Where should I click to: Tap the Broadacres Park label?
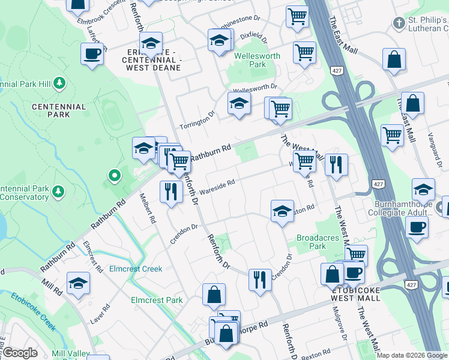[x=311, y=242]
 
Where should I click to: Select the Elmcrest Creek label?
[x=136, y=269]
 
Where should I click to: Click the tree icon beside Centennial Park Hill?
[x=59, y=82]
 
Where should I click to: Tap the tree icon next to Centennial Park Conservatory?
[x=58, y=192]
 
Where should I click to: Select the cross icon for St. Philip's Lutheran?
[x=399, y=23]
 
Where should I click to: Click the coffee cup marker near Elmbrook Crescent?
[x=92, y=54]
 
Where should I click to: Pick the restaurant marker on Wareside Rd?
[x=171, y=191]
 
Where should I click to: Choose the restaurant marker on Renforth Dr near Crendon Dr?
[x=259, y=280]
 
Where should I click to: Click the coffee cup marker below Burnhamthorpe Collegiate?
[x=417, y=227]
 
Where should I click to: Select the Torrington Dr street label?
[x=197, y=121]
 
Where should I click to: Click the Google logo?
[x=20, y=353]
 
